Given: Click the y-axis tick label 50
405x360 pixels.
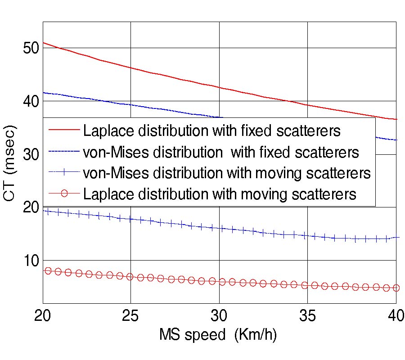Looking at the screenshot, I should [x=31, y=48].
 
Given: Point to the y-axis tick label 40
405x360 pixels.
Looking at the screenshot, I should [x=31, y=101].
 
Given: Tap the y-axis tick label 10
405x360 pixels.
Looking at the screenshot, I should [x=31, y=261].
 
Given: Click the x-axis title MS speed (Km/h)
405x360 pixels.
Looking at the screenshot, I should [x=221, y=335].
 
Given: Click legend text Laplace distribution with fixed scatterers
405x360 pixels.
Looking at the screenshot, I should [x=211, y=130].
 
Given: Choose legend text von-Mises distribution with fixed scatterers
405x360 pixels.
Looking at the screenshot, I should [x=221, y=152].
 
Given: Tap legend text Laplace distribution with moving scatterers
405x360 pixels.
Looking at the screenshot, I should [x=220, y=194].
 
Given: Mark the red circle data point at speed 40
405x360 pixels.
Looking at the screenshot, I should [x=396, y=288].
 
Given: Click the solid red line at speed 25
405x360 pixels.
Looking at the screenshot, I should [x=130, y=68].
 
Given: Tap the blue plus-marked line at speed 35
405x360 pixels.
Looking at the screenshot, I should [x=307, y=235].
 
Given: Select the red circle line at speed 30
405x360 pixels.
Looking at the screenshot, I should [x=219, y=282].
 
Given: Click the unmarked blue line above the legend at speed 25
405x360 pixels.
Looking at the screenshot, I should [x=130, y=104].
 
